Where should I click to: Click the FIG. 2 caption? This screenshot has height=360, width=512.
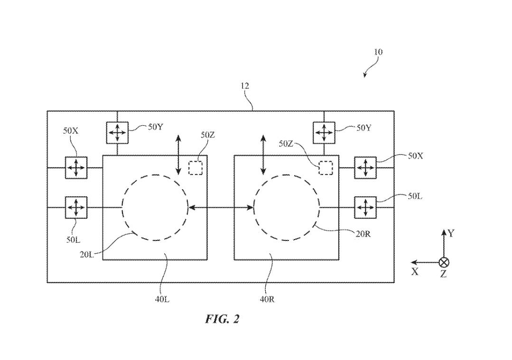(222, 319)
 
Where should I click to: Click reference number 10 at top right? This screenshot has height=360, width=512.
(378, 52)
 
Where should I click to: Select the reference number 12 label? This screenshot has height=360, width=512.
(244, 86)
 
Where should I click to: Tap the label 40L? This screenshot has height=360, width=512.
(162, 299)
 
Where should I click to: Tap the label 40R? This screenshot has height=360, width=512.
(266, 299)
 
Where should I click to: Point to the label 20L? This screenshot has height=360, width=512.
(87, 255)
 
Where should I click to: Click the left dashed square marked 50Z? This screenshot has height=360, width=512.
(195, 168)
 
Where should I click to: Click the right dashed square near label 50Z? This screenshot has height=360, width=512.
(326, 168)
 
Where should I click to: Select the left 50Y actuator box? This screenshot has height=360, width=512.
(117, 133)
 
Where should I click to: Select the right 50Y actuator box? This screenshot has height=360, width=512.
(324, 133)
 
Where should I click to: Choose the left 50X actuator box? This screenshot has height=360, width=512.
(76, 168)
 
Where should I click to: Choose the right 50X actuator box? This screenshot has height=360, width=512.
(365, 168)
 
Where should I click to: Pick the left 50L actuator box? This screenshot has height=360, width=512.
(76, 208)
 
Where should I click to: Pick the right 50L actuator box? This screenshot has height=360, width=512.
(365, 208)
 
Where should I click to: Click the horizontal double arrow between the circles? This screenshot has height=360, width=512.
(221, 207)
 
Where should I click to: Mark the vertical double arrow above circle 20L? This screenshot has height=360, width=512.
(178, 154)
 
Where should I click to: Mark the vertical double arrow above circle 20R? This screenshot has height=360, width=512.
(263, 154)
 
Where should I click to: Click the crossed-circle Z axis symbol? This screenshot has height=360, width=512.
(444, 262)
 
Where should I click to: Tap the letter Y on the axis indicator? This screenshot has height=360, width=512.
(451, 233)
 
